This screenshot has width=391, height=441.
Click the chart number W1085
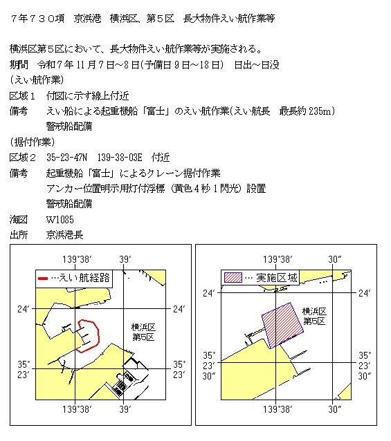coord(60,219)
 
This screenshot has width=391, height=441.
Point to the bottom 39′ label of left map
coord(125,410)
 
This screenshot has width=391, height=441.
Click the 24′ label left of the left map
coord(23,309)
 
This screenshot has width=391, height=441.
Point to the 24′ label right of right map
coord(365,294)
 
